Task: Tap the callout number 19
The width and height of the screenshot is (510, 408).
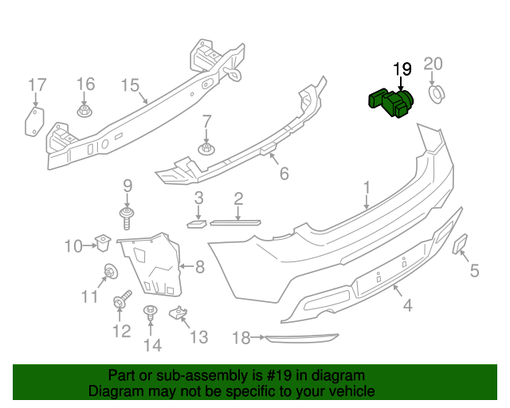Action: click(401, 69)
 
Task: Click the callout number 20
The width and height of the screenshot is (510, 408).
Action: click(433, 64)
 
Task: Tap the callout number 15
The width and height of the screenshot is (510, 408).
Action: click(130, 85)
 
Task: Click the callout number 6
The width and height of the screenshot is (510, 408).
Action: click(283, 173)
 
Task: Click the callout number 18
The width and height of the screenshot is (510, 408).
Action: click(241, 339)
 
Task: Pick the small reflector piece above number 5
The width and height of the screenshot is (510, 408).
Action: click(461, 244)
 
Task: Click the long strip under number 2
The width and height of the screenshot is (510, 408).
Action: click(238, 221)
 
